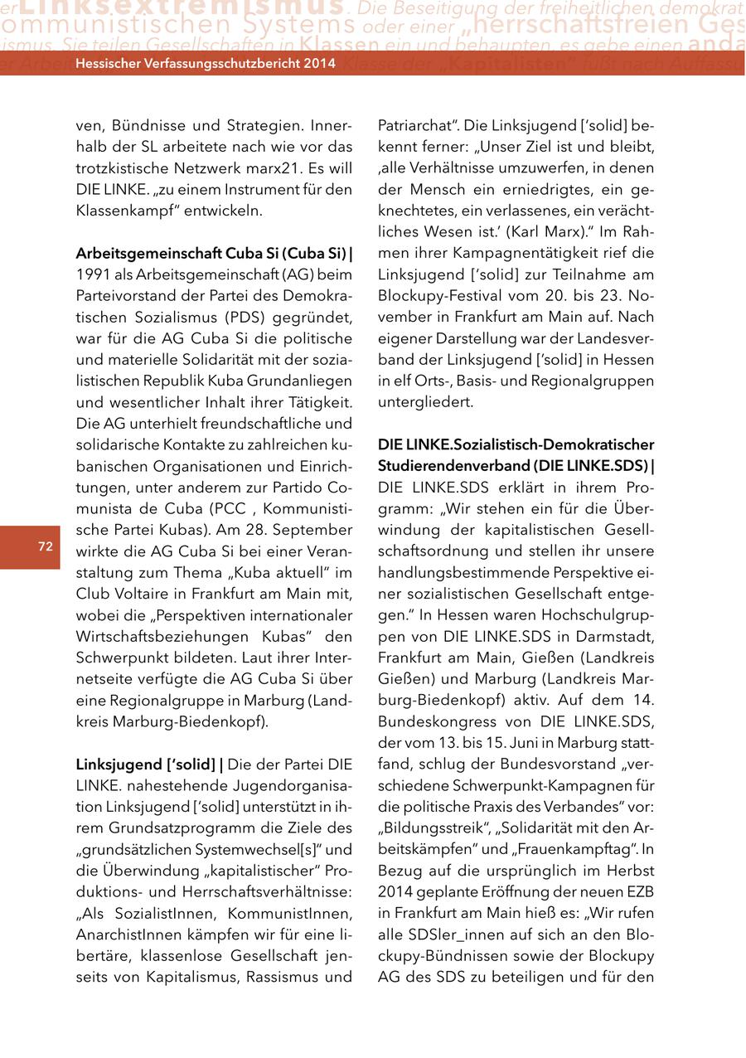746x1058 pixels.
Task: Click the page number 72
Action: [45, 546]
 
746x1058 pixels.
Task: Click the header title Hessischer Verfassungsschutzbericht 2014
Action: [205, 63]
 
